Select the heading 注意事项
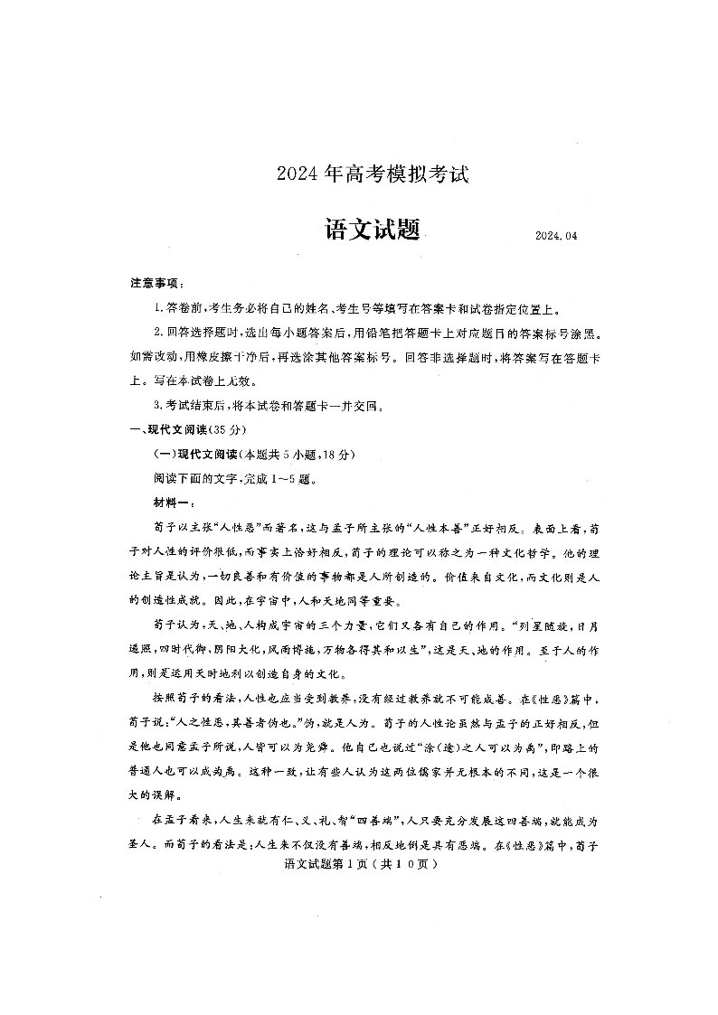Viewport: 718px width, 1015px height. coord(156,284)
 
